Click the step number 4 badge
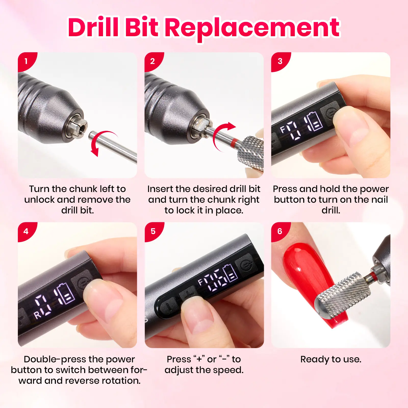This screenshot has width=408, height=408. [x=26, y=231]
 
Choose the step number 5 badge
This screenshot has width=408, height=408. [x=153, y=231]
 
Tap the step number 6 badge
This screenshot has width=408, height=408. [x=280, y=231]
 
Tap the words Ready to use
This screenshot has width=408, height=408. [x=331, y=359]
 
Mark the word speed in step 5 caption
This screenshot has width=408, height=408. [x=228, y=370]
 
